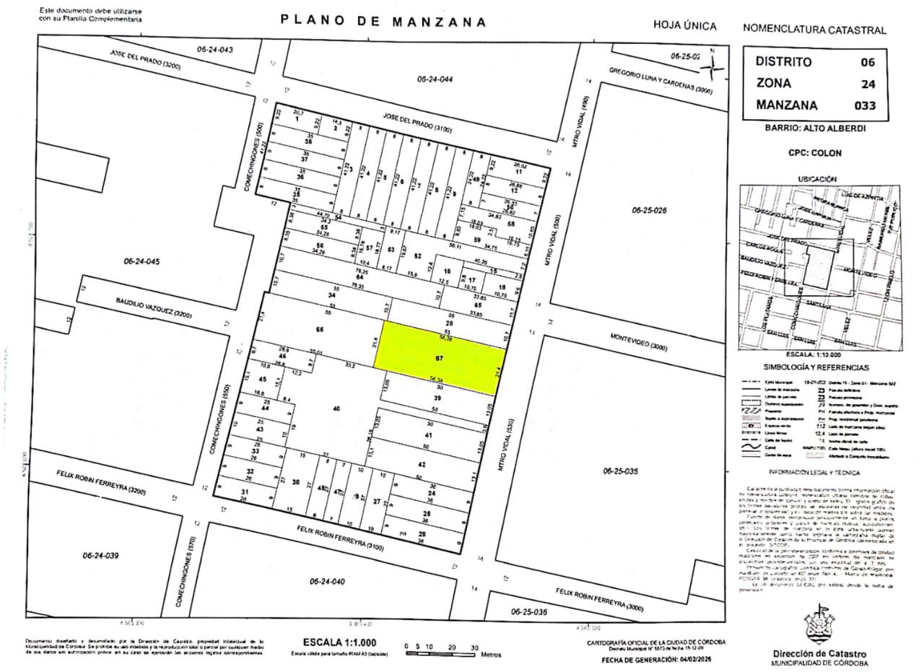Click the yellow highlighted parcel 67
[440, 357]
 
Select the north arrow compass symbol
[713, 66]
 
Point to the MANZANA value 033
[864, 105]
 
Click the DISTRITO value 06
[868, 62]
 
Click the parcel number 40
[336, 409]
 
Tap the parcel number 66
[320, 330]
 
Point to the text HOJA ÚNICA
[684, 26]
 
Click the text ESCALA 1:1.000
[339, 642]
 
